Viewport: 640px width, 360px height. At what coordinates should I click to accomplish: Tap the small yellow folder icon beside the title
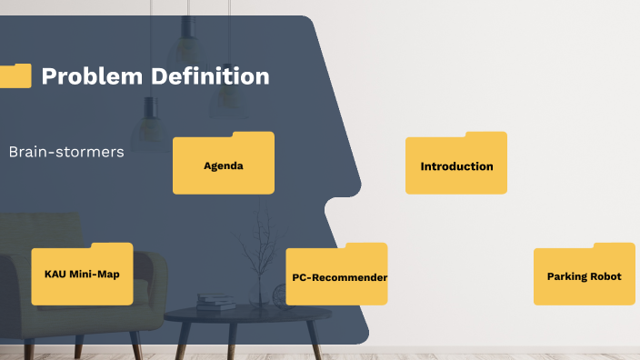(15, 75)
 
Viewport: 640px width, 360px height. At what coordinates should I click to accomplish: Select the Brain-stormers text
(65, 152)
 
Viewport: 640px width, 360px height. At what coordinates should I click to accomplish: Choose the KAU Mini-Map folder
(82, 275)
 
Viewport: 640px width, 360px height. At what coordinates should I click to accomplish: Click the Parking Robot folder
(584, 275)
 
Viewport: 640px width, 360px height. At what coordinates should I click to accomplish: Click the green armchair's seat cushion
(55, 314)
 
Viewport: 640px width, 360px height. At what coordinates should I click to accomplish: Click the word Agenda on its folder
(223, 166)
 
